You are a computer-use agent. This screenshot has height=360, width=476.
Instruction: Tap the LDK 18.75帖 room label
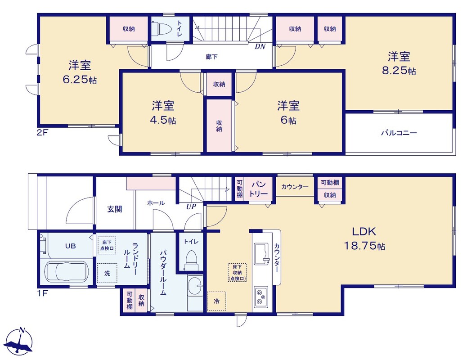(x=364, y=238)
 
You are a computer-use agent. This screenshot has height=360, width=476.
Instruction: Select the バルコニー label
(x=399, y=133)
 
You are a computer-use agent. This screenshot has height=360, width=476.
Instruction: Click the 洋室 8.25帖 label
(x=399, y=63)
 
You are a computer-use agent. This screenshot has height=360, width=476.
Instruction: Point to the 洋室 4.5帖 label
(x=163, y=113)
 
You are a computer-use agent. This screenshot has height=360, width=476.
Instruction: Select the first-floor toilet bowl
(x=191, y=260)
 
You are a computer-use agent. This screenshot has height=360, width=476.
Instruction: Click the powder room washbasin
(x=195, y=286)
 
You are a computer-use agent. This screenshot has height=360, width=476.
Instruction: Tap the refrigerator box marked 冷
(x=216, y=301)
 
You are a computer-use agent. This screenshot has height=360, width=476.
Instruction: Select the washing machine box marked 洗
(x=107, y=273)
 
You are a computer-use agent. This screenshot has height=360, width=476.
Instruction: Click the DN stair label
(x=260, y=46)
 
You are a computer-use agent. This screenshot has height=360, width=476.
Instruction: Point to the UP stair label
(x=191, y=207)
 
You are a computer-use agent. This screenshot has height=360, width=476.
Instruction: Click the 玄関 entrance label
(x=114, y=209)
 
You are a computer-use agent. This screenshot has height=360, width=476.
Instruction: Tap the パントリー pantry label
(x=259, y=189)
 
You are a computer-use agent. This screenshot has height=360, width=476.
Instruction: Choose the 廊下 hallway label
(x=211, y=57)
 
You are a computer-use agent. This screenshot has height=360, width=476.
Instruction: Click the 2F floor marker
(x=42, y=132)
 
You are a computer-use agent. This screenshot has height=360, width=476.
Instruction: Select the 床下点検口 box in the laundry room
(x=107, y=245)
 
